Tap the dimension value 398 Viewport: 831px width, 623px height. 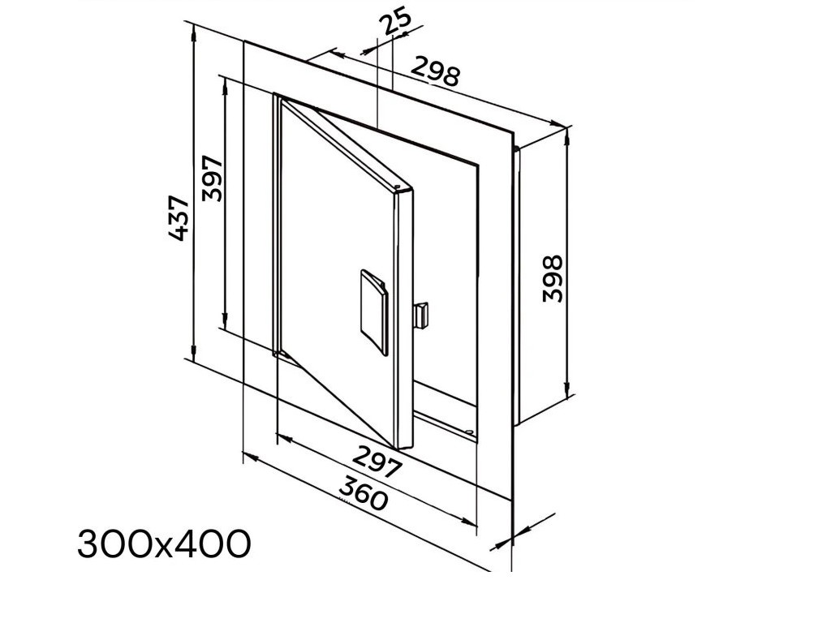click(x=553, y=278)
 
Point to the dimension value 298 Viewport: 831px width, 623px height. click(x=435, y=71)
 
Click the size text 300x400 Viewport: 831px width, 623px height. click(x=163, y=544)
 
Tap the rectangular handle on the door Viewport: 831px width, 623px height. click(x=372, y=310)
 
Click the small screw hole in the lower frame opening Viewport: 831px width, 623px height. click(x=469, y=432)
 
